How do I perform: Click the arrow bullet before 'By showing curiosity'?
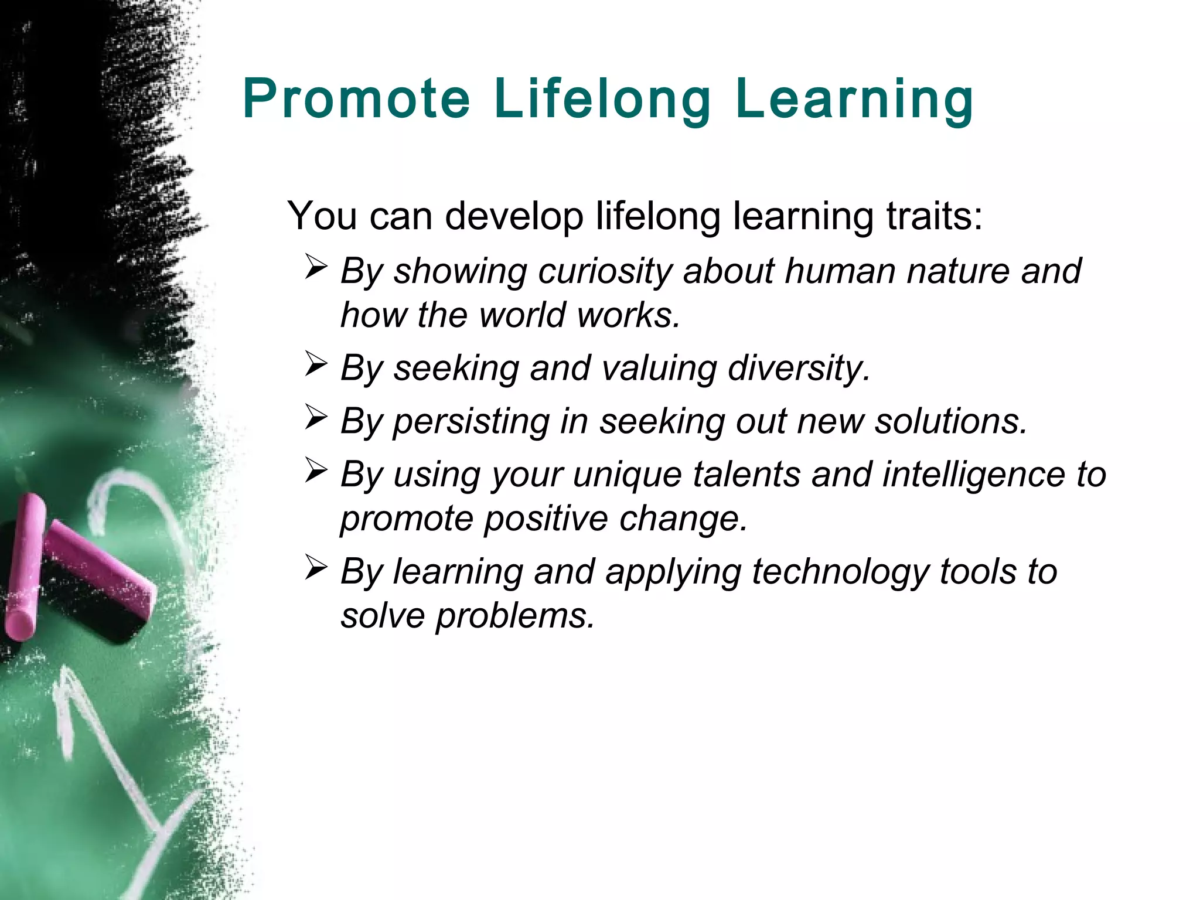[316, 268]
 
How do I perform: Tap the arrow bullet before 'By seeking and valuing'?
[316, 364]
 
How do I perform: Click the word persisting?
[472, 422]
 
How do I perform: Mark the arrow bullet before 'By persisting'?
[316, 418]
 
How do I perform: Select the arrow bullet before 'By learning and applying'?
[316, 568]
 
